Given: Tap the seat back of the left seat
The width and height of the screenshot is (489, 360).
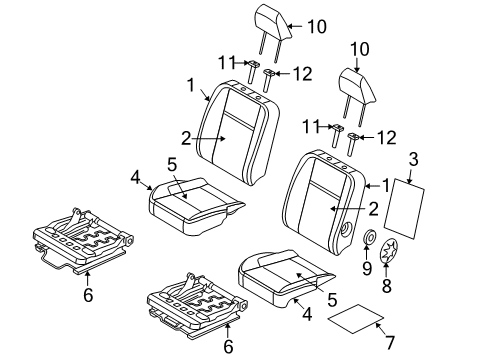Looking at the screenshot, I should click(239, 135).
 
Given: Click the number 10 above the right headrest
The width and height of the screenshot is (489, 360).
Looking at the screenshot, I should click(360, 48).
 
